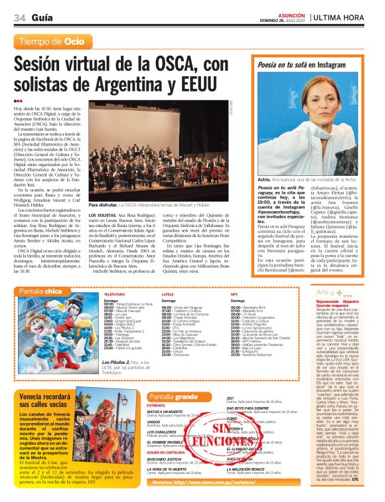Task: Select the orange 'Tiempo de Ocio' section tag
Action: coord(52,42)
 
